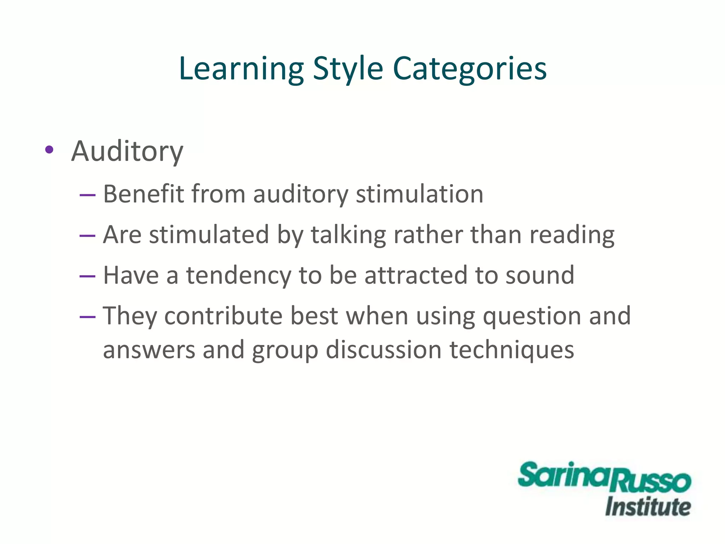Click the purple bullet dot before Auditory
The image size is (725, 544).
[49, 150]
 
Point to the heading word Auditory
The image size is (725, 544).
[127, 152]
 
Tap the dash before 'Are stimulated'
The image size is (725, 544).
[87, 235]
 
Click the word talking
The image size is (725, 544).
[348, 235]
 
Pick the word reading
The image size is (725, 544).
[572, 235]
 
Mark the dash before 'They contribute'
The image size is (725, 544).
[87, 316]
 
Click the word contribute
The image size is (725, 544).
[223, 316]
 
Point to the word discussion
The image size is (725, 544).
[383, 350]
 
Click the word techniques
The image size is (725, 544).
[512, 350]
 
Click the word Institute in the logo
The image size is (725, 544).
[648, 507]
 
